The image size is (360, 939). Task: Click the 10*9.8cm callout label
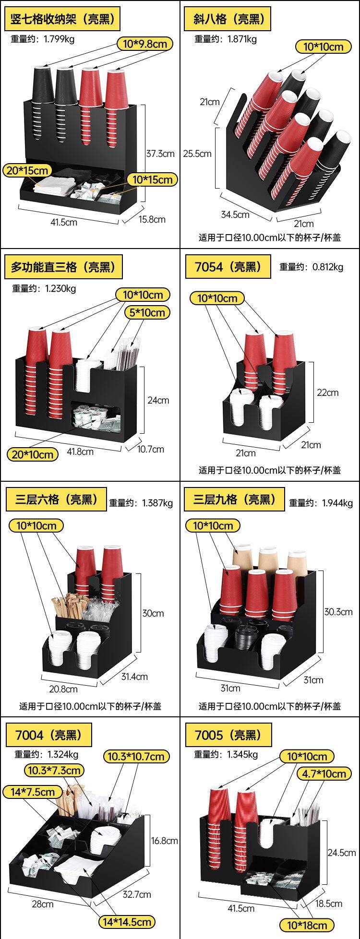click(144, 44)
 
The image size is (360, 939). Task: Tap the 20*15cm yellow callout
click(28, 170)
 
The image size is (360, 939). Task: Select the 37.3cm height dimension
click(160, 154)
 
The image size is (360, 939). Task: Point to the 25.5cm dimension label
click(197, 154)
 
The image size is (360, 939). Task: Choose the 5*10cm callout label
click(147, 312)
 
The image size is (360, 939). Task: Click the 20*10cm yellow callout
click(33, 454)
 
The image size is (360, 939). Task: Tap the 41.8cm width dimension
click(80, 451)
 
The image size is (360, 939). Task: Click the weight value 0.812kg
click(328, 267)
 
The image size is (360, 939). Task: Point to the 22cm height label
click(327, 392)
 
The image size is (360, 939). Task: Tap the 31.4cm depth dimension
click(134, 677)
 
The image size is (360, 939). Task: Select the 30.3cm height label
click(338, 611)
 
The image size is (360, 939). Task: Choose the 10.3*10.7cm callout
click(135, 757)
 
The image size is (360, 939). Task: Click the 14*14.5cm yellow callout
click(127, 922)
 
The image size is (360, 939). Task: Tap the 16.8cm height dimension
click(164, 840)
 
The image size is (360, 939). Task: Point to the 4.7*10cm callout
click(324, 774)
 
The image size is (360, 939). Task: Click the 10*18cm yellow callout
click(307, 926)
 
